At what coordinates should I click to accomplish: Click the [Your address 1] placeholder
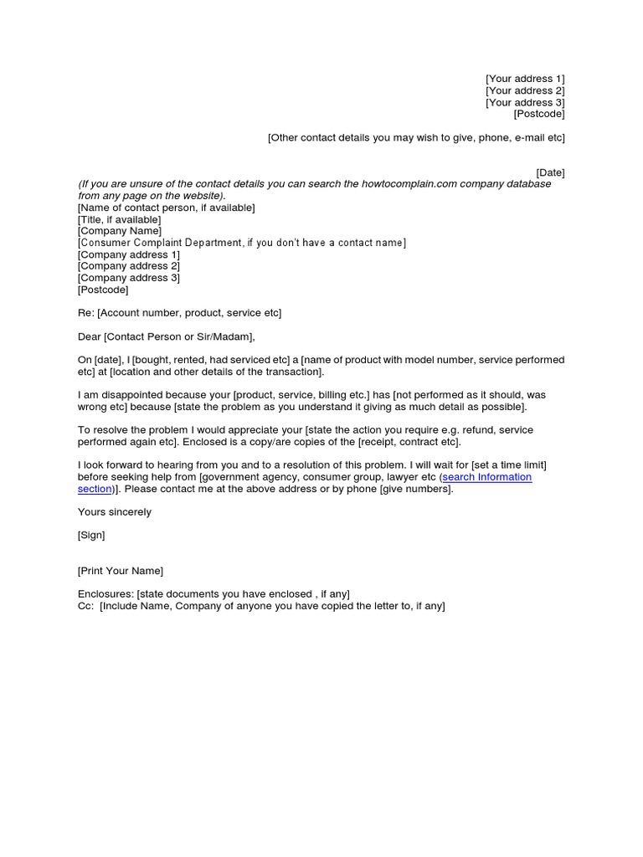coord(525,79)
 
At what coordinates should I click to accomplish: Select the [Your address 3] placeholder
coord(525,102)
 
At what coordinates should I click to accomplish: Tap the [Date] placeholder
coord(550,172)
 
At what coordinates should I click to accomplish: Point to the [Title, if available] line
coord(119,219)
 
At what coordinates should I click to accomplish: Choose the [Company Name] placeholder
coord(120,231)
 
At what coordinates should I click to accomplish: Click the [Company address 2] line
coord(128,266)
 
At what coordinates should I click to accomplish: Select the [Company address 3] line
coord(128,278)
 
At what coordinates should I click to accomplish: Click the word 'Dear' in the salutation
coord(90,336)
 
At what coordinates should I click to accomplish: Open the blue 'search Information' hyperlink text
coord(486,477)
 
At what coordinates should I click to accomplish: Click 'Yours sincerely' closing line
coord(115,512)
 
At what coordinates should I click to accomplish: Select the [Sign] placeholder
coord(91,536)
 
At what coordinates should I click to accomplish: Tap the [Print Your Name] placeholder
coord(121,571)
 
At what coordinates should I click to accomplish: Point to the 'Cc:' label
coord(85,606)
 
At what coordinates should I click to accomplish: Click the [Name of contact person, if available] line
coord(166,208)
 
